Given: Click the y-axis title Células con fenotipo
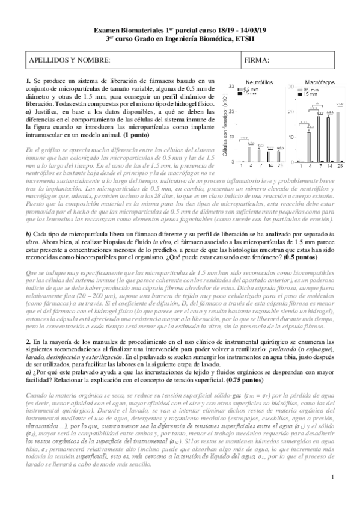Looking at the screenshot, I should [223, 126].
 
